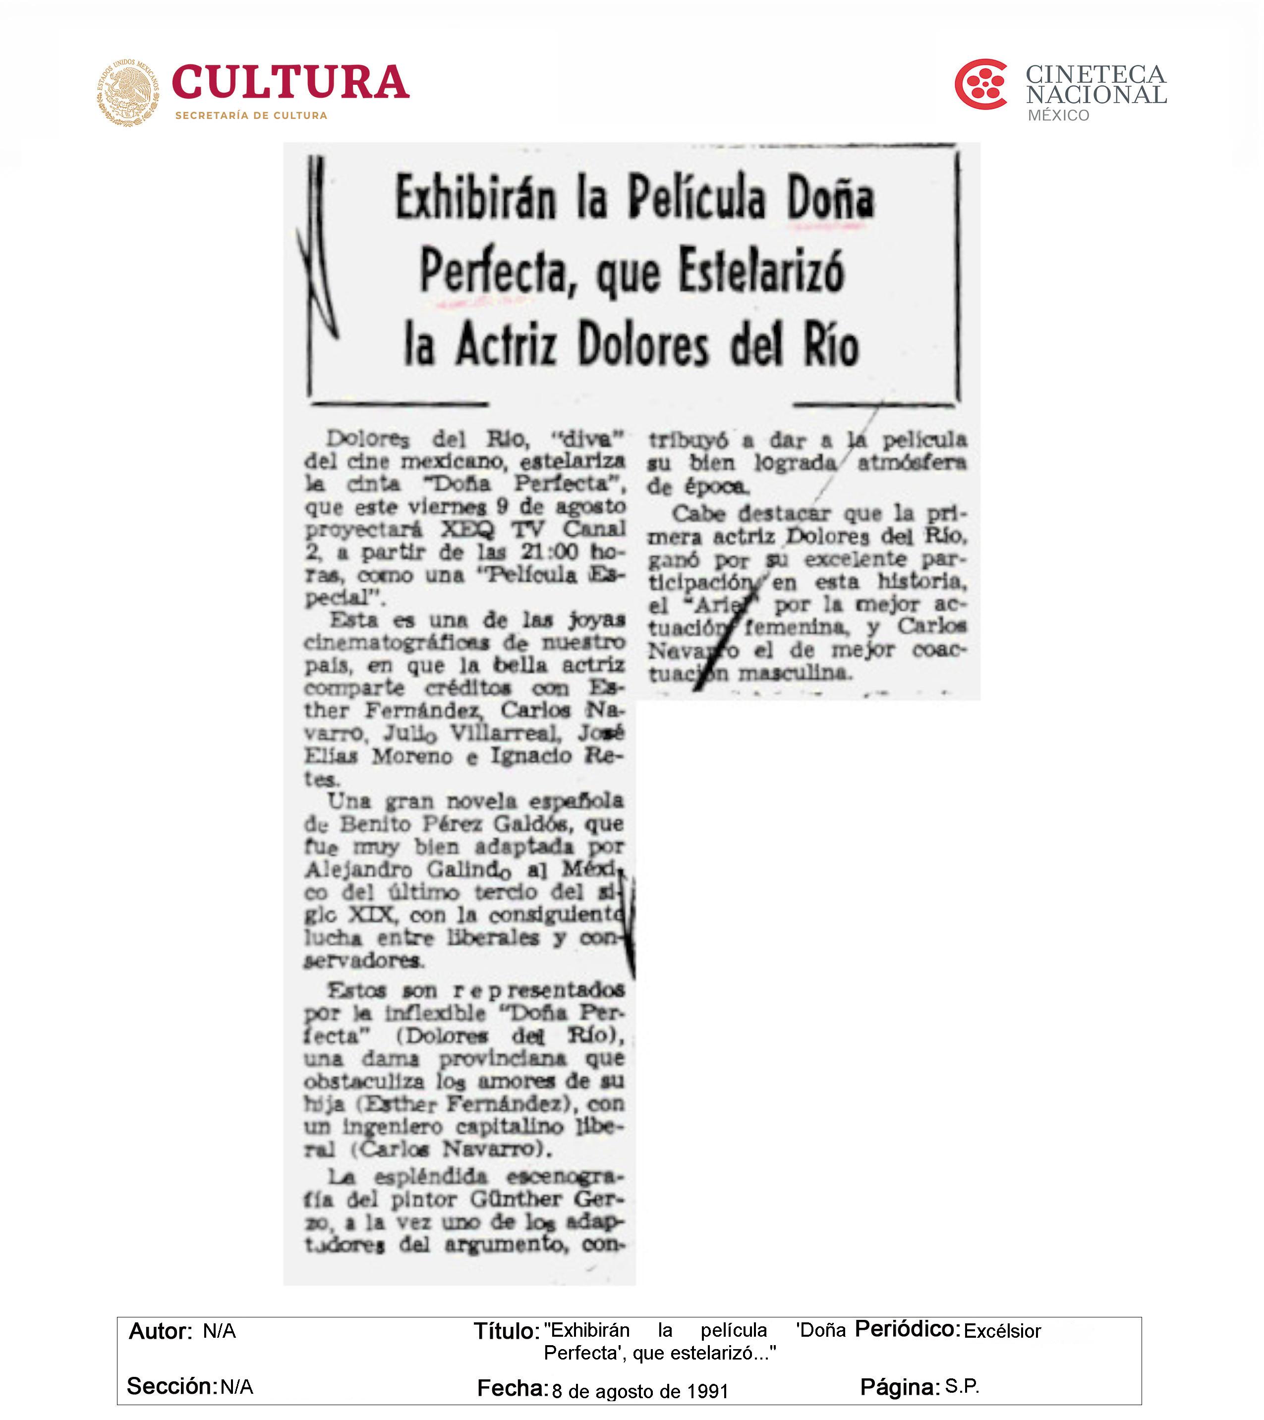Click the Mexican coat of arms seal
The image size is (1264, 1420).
[x=127, y=92]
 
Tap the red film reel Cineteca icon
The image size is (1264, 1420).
[x=980, y=84]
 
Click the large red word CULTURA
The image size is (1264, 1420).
[x=290, y=83]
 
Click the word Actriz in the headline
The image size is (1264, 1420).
[x=507, y=345]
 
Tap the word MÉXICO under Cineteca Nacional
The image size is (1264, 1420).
[x=1058, y=115]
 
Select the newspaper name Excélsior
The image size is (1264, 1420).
[x=1002, y=1331]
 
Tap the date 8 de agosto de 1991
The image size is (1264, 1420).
[x=639, y=1392]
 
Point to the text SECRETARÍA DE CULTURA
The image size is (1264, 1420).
[x=251, y=115]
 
